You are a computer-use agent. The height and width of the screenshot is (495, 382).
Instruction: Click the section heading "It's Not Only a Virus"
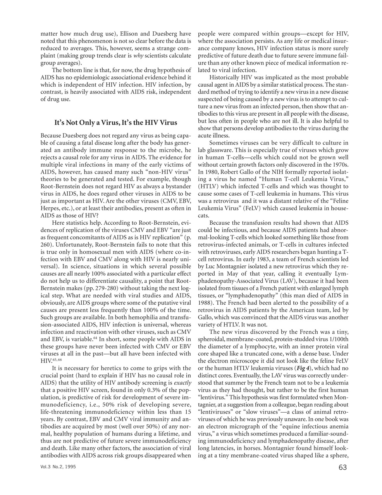pos(115,123)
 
